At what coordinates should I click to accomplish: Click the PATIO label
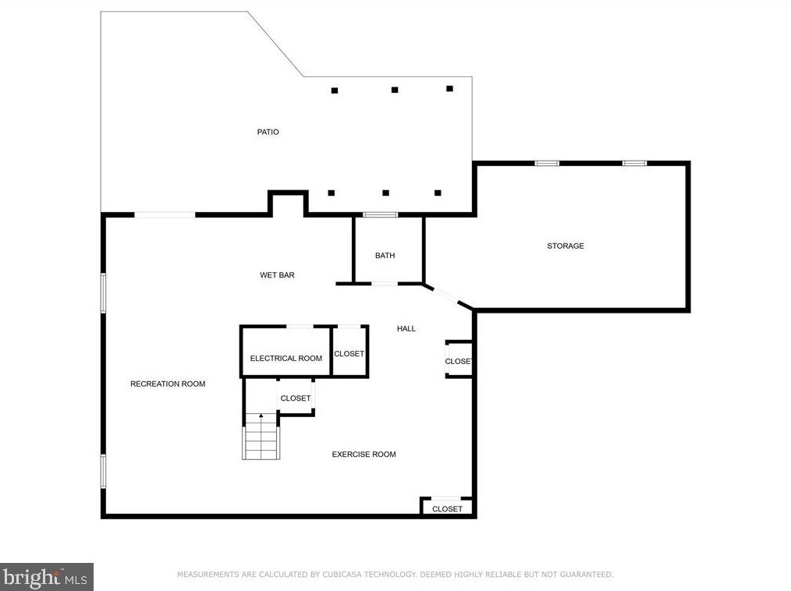click(x=268, y=132)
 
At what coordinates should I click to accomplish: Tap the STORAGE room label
click(x=566, y=246)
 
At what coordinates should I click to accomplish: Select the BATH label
click(x=385, y=256)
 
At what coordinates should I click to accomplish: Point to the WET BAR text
click(x=277, y=275)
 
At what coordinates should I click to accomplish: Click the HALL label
click(x=406, y=329)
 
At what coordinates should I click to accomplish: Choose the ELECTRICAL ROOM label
click(x=286, y=359)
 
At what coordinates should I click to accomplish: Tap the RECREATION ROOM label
click(x=168, y=384)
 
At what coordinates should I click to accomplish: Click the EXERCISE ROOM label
click(x=364, y=455)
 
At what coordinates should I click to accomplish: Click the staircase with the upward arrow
click(x=261, y=436)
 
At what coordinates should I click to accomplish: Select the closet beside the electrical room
click(x=349, y=352)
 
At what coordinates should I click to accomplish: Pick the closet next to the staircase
click(x=296, y=397)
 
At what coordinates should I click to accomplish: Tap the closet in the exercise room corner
click(x=448, y=508)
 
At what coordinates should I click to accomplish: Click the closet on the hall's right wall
click(x=459, y=359)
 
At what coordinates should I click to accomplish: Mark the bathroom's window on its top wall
click(x=381, y=215)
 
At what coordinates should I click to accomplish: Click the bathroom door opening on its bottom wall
click(x=385, y=284)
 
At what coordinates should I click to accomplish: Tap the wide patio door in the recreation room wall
click(x=165, y=215)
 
